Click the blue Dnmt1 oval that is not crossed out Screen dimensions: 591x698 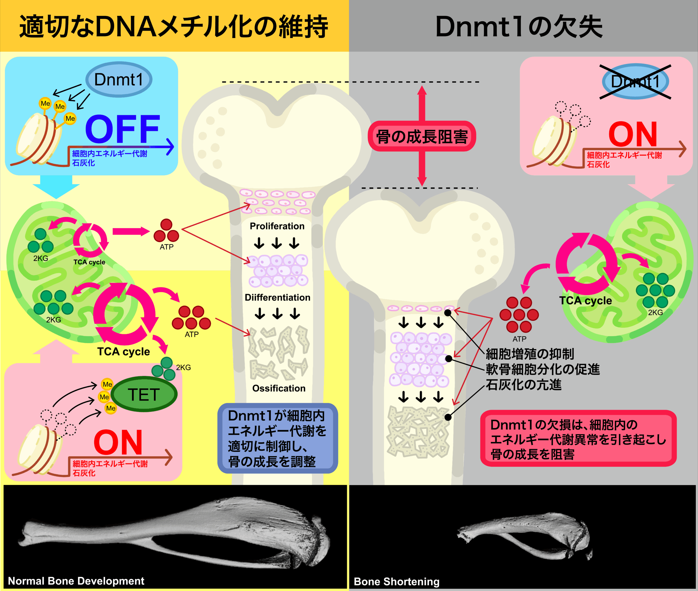pyautogui.click(x=119, y=80)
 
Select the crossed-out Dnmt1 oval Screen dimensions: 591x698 pyautogui.click(x=635, y=81)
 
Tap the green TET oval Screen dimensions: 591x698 pyautogui.click(x=144, y=394)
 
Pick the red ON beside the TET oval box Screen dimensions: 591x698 pyautogui.click(x=118, y=442)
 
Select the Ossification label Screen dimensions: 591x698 pyautogui.click(x=279, y=388)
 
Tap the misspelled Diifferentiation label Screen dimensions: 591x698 pyautogui.click(x=277, y=297)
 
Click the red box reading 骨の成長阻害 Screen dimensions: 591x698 pyautogui.click(x=422, y=136)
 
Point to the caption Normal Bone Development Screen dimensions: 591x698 pyautogui.click(x=76, y=581)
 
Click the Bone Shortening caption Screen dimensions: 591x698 pyautogui.click(x=396, y=581)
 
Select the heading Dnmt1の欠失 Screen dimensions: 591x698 pyautogui.click(x=519, y=27)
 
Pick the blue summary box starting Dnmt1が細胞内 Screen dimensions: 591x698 pyautogui.click(x=277, y=438)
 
